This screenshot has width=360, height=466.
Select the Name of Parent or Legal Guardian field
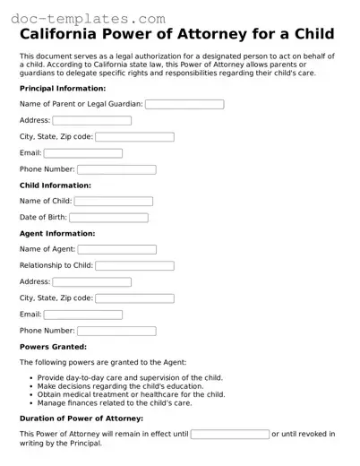[x=184, y=104]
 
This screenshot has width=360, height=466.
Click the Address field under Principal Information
[x=91, y=120]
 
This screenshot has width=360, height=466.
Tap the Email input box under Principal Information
[x=82, y=153]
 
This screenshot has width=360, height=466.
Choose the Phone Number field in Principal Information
[x=116, y=169]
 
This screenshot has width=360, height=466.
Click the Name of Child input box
[x=113, y=202]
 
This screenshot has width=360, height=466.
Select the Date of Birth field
[x=108, y=218]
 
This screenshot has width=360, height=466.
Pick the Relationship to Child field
[x=134, y=266]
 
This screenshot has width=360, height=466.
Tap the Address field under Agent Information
[x=91, y=282]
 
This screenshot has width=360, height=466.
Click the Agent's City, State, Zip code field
[x=134, y=298]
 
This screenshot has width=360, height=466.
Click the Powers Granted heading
[x=53, y=346]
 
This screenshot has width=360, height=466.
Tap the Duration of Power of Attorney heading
[x=81, y=419]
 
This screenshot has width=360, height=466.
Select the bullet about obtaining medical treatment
[x=132, y=394]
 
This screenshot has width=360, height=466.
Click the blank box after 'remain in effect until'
[x=229, y=435]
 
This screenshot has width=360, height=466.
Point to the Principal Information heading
[x=63, y=89]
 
